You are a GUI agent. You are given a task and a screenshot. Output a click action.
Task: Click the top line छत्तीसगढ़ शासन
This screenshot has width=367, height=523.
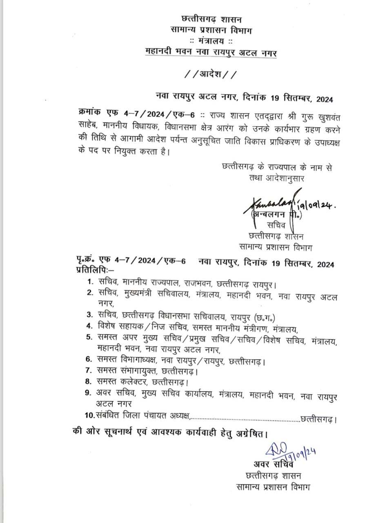[x=211, y=19]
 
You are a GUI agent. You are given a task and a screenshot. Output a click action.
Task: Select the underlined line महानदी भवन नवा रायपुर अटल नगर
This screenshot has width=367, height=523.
[x=211, y=52]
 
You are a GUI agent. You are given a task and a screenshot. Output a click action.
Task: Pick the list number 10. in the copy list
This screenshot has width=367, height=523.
[x=90, y=416]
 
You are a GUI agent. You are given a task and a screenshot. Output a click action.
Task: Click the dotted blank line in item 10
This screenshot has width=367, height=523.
[x=245, y=418]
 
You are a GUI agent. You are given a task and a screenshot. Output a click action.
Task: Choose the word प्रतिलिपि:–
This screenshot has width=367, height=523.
[x=96, y=271]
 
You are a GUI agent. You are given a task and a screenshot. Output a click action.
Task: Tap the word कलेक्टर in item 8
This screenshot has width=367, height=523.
[x=132, y=382]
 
